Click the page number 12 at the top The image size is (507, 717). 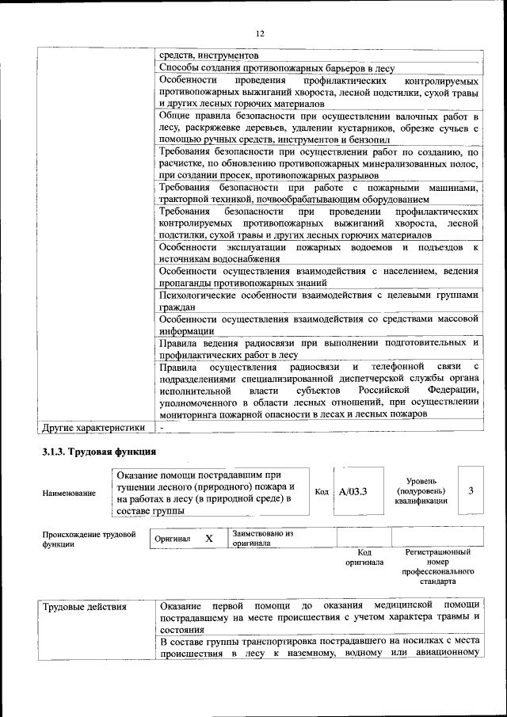[x=258, y=32]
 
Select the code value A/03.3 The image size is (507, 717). [x=353, y=492]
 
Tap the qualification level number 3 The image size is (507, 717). [x=471, y=490]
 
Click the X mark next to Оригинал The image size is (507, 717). [x=209, y=539]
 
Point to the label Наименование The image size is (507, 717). [x=69, y=493]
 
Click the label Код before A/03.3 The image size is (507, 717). [x=322, y=492]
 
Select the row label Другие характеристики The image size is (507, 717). [x=93, y=428]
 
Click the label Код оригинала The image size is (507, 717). [x=364, y=557]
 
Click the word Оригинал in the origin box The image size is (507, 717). [x=173, y=539]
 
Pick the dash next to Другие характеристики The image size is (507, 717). [x=162, y=428]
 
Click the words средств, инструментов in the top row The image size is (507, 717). [x=208, y=56]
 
